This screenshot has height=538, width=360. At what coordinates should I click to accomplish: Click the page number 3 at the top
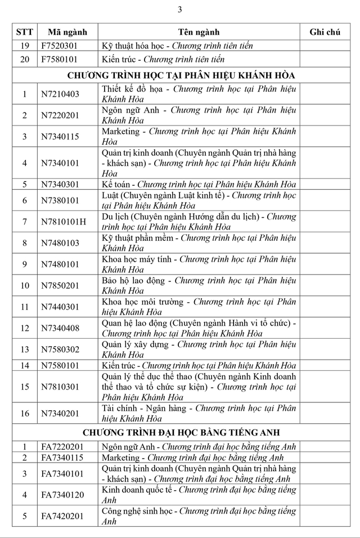(180, 9)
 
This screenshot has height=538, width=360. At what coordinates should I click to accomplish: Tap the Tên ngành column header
(199, 32)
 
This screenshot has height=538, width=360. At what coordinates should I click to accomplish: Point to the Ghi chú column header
(325, 32)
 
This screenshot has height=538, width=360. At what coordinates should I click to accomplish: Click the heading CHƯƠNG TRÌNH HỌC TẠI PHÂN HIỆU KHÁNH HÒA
(182, 75)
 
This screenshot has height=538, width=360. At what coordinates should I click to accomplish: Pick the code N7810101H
(64, 221)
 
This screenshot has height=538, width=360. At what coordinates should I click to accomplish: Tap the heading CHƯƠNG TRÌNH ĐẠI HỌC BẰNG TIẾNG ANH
(182, 432)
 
